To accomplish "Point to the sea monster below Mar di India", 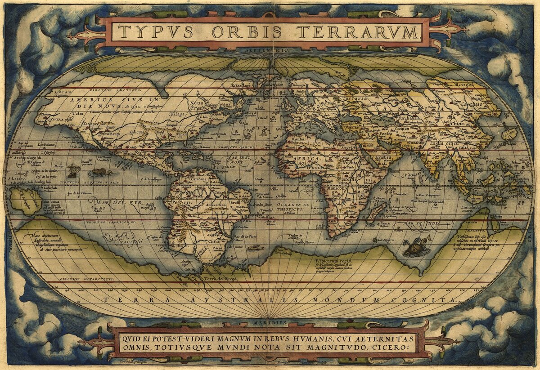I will coord(416,246).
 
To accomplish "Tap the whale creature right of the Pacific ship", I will coord(101,172).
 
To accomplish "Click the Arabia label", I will coord(382,158).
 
